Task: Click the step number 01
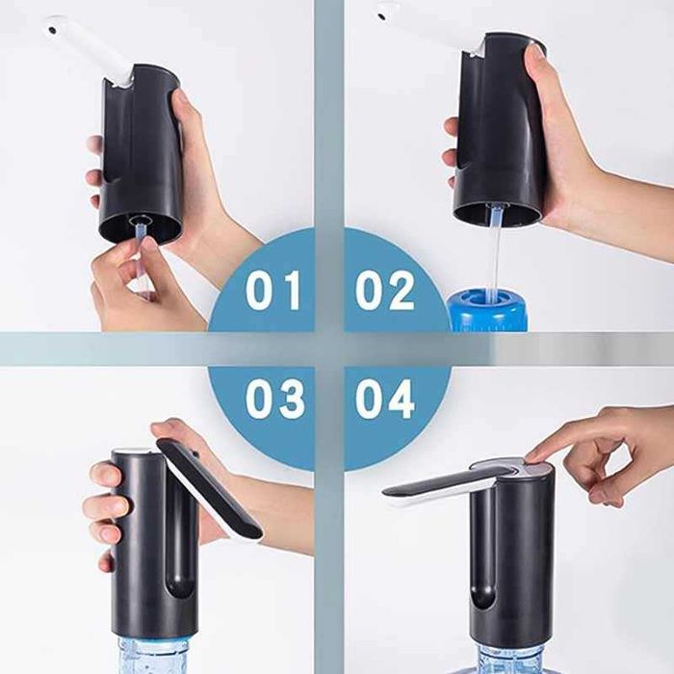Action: coord(273,290)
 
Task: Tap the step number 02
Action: coord(384,290)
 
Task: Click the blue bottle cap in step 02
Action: coord(486,310)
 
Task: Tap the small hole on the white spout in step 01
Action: coord(52,31)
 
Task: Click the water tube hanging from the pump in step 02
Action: coord(494,253)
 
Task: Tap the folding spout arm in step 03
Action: coord(211,489)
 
